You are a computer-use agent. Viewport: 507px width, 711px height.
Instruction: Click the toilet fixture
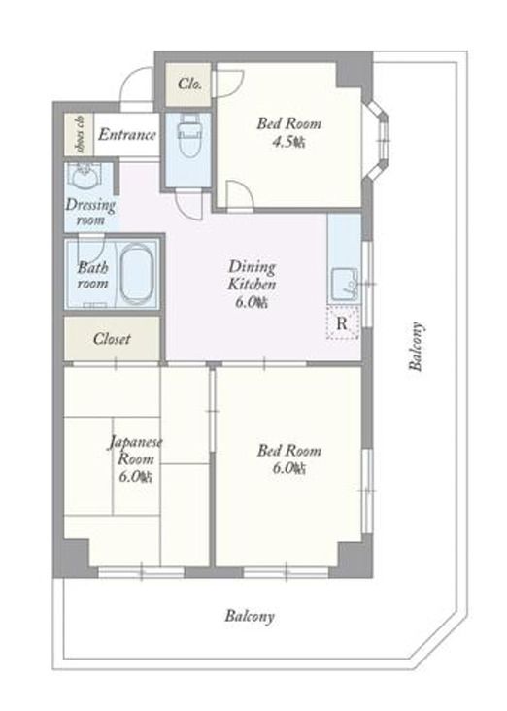(189, 134)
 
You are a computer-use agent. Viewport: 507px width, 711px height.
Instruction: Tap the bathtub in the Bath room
(136, 274)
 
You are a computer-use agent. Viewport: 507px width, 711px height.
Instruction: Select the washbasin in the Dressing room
(84, 178)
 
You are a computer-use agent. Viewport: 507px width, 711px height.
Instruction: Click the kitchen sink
(344, 286)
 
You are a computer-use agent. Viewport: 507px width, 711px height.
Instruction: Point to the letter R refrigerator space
(343, 323)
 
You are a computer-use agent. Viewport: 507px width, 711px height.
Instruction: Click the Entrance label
(127, 135)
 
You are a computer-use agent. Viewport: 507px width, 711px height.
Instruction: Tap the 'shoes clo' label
(81, 134)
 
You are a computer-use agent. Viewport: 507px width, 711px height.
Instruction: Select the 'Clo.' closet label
(189, 84)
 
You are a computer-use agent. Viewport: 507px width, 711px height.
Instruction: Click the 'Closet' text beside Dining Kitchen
(112, 339)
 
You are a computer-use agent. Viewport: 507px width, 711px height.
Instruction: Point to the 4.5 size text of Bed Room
(288, 143)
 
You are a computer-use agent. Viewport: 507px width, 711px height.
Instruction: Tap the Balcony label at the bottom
(250, 616)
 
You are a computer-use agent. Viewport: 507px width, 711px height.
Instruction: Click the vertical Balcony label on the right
(416, 347)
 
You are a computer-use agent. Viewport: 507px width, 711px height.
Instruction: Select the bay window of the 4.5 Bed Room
(378, 142)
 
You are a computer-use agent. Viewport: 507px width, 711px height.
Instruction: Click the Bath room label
(92, 275)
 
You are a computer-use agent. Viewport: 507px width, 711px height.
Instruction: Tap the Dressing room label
(90, 212)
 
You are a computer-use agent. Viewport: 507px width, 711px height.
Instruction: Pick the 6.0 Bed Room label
(288, 458)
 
